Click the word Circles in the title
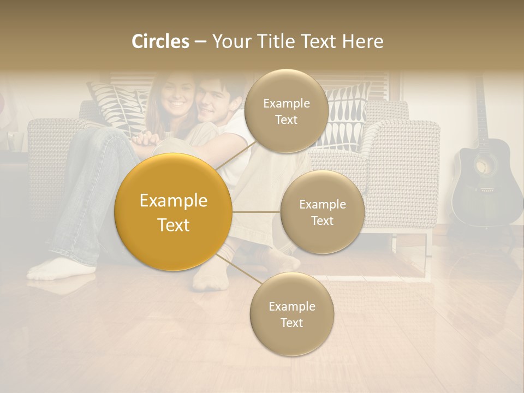tap(160, 41)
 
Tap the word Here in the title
tap(363, 41)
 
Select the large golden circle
tap(174, 212)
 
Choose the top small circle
tap(286, 111)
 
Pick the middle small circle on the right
tap(322, 212)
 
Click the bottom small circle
tap(291, 314)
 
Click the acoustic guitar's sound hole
tap(482, 166)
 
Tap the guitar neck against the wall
tap(480, 109)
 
